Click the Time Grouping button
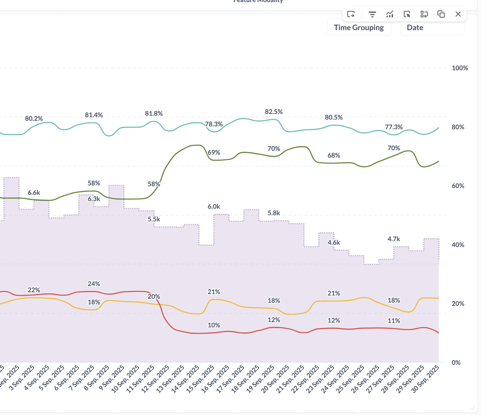pos(359,27)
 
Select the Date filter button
pos(432,27)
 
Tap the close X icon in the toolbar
pos(458,14)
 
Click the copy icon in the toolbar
pos(441,14)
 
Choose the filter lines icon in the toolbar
pos(372,14)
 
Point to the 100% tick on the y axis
pos(459,68)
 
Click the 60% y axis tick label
pos(458,186)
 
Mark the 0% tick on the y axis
pos(456,362)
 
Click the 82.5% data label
pos(274,112)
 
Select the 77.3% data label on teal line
pos(393,127)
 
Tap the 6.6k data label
pos(34,193)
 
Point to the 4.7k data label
pos(393,239)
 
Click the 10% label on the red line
pos(214,325)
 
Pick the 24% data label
pos(94,284)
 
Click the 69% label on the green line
pos(214,153)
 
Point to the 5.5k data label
pos(154,219)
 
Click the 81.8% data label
pos(154,114)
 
